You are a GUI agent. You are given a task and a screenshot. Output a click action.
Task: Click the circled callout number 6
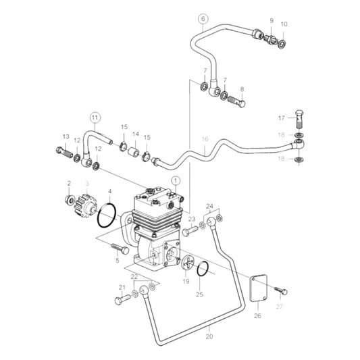[201, 20]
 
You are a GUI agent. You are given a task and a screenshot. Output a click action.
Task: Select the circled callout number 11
[96, 117]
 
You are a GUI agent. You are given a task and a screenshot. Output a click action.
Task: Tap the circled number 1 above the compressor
[175, 180]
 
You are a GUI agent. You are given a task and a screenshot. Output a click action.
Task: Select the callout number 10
[284, 24]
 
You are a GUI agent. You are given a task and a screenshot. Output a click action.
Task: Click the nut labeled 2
[69, 200]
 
